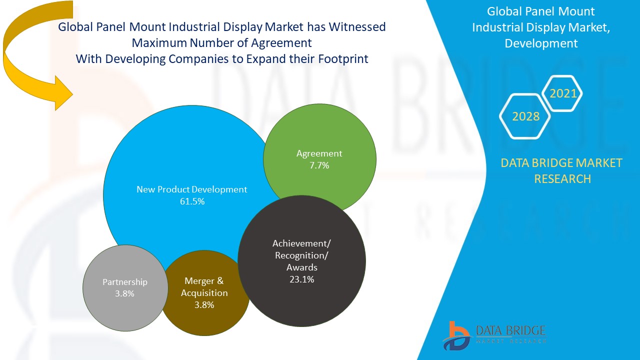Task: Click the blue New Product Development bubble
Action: click(170, 165)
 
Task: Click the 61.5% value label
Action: click(192, 201)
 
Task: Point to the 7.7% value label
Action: click(319, 165)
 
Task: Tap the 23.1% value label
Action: click(301, 279)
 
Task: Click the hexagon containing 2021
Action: click(563, 93)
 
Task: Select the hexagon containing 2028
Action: click(525, 116)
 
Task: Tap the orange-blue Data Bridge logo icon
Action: click(456, 335)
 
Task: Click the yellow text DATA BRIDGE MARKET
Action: click(561, 163)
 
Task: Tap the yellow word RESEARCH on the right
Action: click(562, 179)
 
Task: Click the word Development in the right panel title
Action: click(541, 43)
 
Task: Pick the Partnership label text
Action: click(125, 282)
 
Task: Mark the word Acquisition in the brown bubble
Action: click(204, 293)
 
